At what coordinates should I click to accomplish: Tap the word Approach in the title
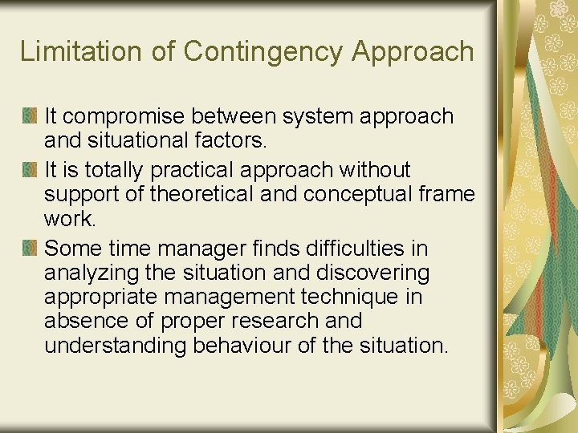tap(413, 51)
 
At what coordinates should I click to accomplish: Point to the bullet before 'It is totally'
tap(30, 171)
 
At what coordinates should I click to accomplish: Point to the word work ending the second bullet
tap(70, 218)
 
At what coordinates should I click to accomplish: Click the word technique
tap(349, 297)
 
